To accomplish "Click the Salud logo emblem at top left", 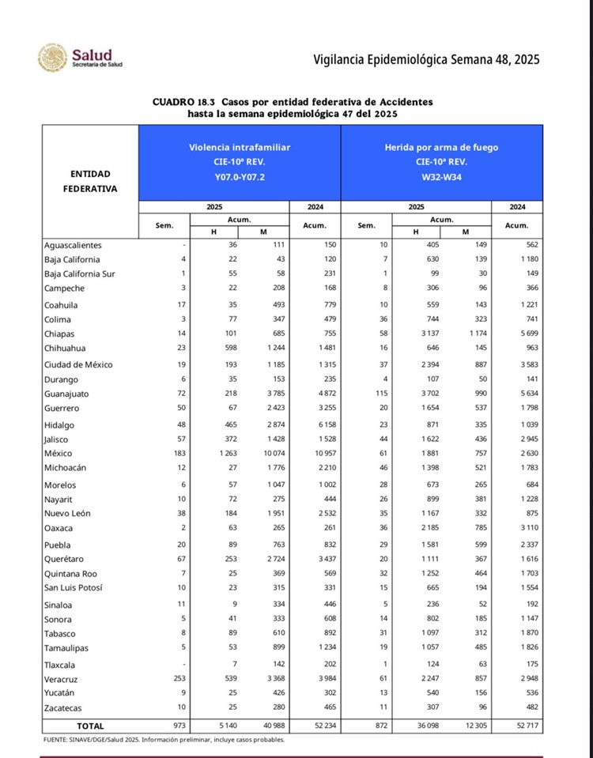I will pos(52,58).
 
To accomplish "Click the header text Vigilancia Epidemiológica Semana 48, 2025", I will pos(426,60).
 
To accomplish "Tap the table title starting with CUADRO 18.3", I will pos(293,107).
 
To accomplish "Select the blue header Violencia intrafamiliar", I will pos(240,147).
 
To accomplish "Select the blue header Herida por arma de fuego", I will pos(441,147).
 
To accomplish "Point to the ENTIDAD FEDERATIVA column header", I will pos(90,181).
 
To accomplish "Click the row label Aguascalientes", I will pos(73,245).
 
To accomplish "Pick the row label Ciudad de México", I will pos(78,364).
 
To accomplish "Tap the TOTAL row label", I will pos(89,726).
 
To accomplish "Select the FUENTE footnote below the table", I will pos(162,740).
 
